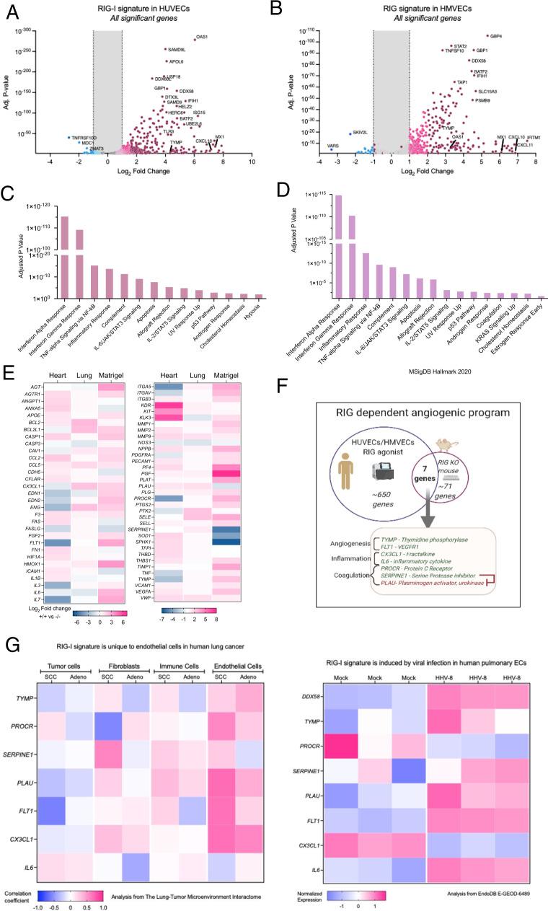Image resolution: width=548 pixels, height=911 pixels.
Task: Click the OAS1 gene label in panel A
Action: pos(202,36)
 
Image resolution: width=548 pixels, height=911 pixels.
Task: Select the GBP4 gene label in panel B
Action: pos(495,35)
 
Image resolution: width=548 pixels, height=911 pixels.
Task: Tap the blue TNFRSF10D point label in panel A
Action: pos(84,137)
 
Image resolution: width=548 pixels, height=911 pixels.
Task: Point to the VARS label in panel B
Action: pos(332,146)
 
